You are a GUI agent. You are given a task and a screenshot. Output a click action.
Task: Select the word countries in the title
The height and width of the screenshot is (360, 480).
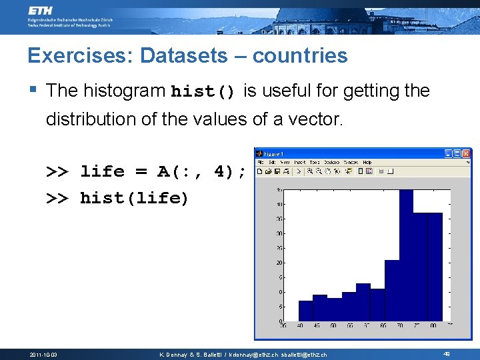301,55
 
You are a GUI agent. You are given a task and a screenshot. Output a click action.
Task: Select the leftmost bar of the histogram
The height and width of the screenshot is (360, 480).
305,311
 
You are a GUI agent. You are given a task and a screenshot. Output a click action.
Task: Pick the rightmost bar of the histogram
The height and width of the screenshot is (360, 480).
434,267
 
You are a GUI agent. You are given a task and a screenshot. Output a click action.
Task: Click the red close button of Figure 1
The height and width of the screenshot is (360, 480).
466,153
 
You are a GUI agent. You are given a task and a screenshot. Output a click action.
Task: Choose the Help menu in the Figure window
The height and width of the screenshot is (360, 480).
367,162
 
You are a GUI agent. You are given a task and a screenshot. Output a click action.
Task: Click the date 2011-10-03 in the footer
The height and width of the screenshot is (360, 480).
44,355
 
